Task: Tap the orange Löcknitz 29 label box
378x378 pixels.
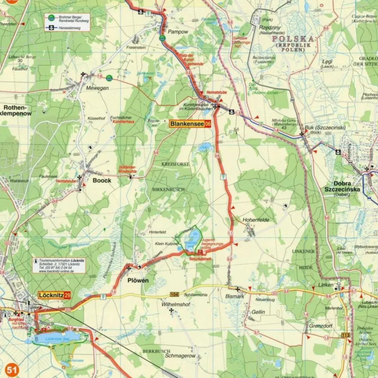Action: click(55, 295)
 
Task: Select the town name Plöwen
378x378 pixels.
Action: click(138, 281)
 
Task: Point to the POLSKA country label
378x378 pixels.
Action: click(293, 39)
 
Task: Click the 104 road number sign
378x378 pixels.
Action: click(175, 294)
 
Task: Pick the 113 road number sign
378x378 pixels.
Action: click(346, 335)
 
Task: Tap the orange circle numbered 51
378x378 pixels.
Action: click(12, 370)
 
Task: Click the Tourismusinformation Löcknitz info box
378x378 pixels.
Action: click(59, 265)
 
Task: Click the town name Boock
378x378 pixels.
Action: click(102, 181)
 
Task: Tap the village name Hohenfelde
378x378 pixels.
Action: click(256, 220)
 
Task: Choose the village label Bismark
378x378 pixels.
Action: click(235, 296)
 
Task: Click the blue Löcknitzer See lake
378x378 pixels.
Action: click(59, 337)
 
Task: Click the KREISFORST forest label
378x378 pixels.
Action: click(175, 164)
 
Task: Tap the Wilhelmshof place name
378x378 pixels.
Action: click(176, 305)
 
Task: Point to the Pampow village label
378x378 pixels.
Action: click(178, 32)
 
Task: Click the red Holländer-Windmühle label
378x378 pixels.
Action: click(128, 169)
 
